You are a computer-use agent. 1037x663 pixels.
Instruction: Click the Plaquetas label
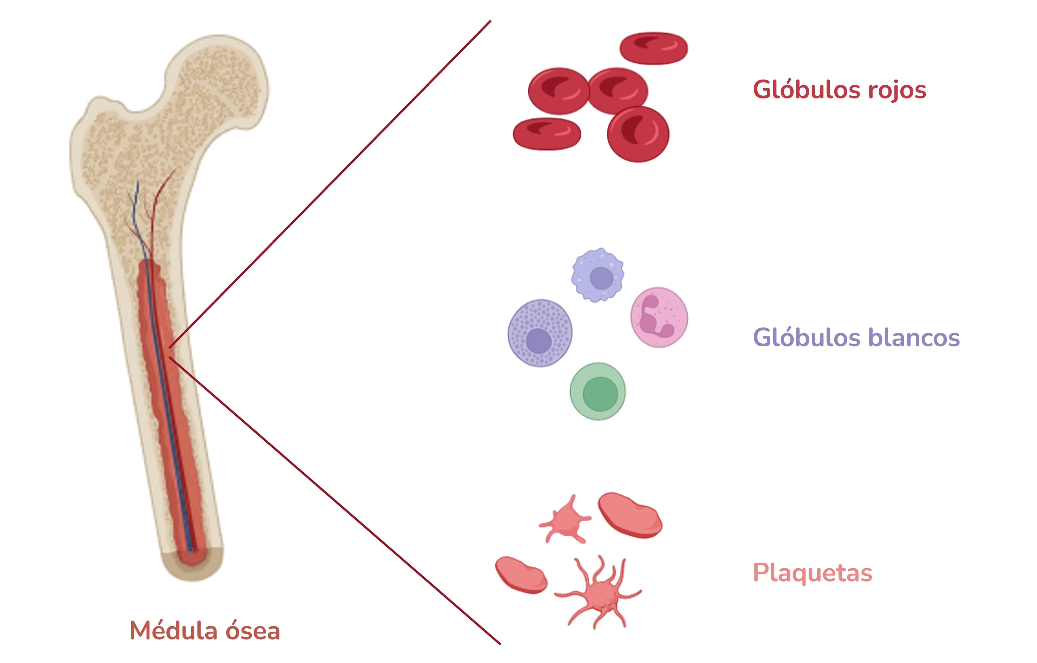[x=812, y=573]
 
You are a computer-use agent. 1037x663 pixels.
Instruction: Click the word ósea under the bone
[x=252, y=631]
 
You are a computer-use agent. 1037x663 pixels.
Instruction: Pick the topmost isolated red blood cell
[x=653, y=48]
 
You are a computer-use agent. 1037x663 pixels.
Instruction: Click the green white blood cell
[x=597, y=391]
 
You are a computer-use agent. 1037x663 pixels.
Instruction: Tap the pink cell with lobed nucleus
[x=659, y=318]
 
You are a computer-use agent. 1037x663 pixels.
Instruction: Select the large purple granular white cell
[x=540, y=333]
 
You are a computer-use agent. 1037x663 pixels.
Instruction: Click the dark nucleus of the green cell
[x=600, y=394]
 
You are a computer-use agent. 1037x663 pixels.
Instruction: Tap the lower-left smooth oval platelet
[x=521, y=576]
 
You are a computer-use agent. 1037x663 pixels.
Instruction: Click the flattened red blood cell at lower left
[x=547, y=134]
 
